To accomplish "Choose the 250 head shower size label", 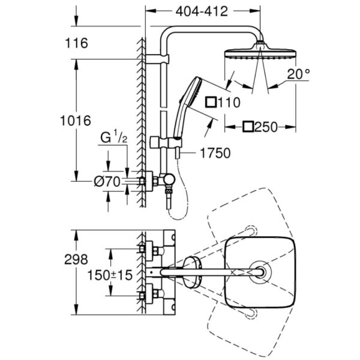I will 265,127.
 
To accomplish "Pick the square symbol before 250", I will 248,127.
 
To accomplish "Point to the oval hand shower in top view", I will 192,274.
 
